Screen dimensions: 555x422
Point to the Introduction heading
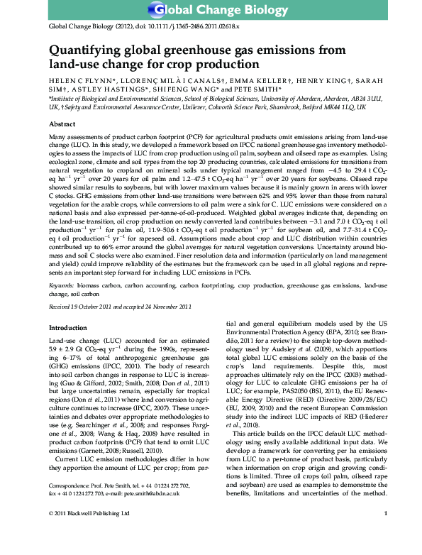coord(67,329)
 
